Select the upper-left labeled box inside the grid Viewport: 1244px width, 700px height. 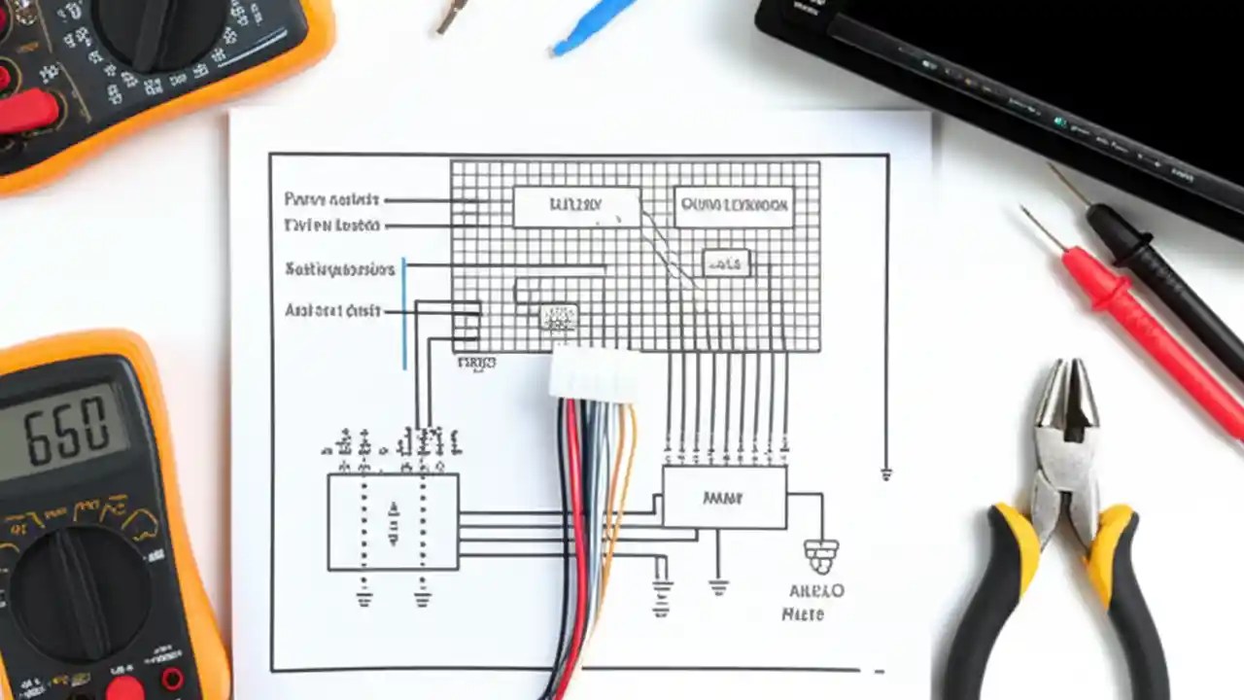click(576, 207)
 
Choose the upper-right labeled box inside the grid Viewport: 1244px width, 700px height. click(734, 207)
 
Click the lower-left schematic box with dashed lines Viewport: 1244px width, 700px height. click(393, 521)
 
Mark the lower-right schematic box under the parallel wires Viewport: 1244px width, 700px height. click(724, 498)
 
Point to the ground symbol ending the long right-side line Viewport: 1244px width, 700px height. click(886, 474)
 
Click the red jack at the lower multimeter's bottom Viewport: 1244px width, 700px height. click(124, 688)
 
